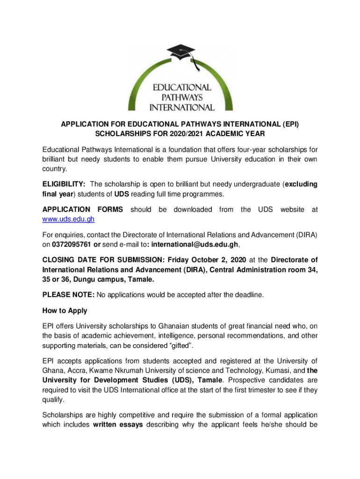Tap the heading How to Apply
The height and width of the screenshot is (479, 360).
(x=65, y=311)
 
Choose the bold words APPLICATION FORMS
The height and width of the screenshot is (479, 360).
(x=83, y=209)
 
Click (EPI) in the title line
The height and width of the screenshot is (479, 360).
(x=288, y=124)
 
